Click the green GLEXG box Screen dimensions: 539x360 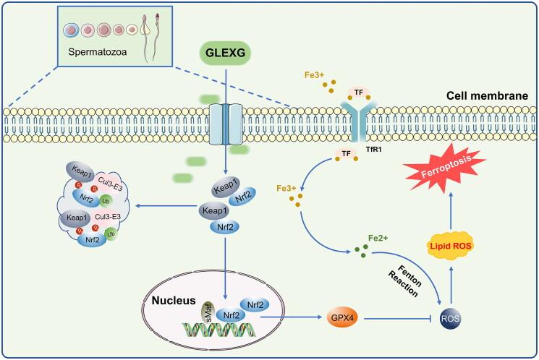click(x=225, y=53)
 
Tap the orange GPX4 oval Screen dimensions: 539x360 click(x=342, y=317)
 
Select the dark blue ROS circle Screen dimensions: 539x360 click(x=450, y=319)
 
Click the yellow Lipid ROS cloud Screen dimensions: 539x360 click(x=450, y=246)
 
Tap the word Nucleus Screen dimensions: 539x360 click(x=174, y=300)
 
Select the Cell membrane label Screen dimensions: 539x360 click(x=487, y=96)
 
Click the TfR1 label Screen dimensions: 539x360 click(x=373, y=150)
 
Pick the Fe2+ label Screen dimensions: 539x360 click(x=378, y=238)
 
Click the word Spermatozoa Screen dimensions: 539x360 click(x=97, y=52)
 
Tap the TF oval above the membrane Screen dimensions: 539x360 click(x=359, y=93)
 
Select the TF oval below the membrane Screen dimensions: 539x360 click(x=346, y=154)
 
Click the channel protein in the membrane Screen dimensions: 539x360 click(x=226, y=124)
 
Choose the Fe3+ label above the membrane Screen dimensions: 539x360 click(x=314, y=75)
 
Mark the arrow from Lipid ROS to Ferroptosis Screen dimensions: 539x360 click(x=451, y=211)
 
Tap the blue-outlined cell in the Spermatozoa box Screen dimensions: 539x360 click(x=71, y=30)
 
